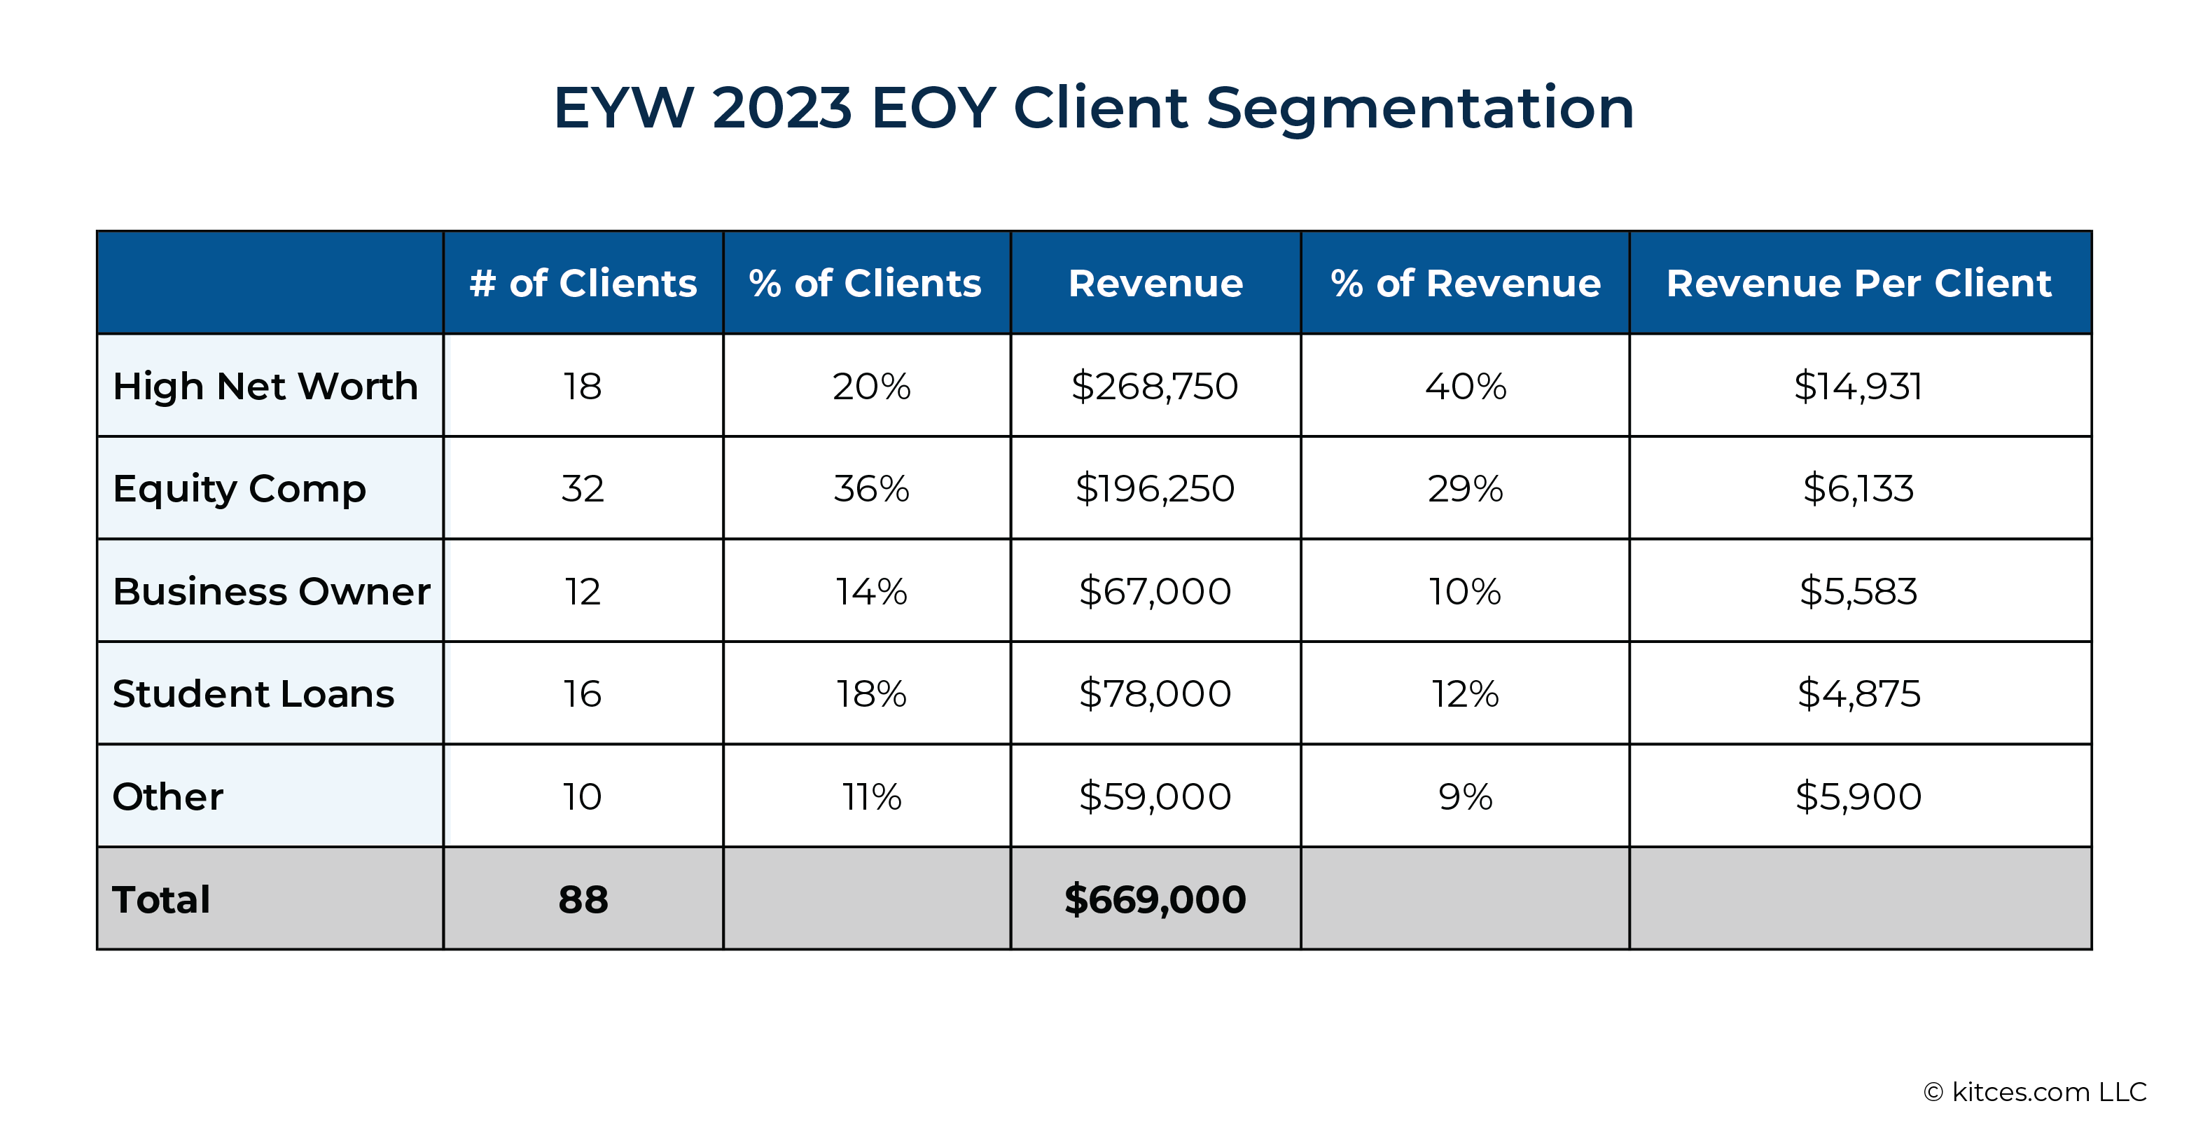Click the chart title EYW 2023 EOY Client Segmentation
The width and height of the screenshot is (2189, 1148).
[x=1094, y=108]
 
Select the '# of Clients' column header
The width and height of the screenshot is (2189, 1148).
[x=583, y=283]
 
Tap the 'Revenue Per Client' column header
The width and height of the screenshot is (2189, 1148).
[x=1859, y=283]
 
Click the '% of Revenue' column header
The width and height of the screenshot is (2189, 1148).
[x=1465, y=283]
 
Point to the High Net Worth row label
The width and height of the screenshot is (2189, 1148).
[x=265, y=386]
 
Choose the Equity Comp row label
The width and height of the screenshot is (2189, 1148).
[x=239, y=490]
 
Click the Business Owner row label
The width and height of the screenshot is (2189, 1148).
[x=272, y=591]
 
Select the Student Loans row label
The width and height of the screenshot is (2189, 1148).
[x=253, y=694]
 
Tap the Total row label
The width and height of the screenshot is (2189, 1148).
[x=162, y=899]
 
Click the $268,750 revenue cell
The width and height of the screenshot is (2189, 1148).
[x=1155, y=387]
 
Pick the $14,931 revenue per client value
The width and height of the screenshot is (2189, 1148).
[x=1858, y=387]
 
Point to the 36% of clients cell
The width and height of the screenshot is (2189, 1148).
[x=871, y=489]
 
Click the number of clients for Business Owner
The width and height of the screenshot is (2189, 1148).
[x=583, y=591]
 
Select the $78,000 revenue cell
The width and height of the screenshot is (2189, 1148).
[x=1155, y=694]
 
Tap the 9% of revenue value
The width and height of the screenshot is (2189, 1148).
[x=1465, y=797]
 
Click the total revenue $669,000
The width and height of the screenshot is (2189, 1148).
[x=1155, y=899]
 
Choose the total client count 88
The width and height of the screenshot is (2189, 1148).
[x=583, y=899]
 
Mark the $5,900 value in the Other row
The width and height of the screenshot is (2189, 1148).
[x=1858, y=797]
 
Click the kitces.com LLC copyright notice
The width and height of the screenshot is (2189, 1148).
[x=2035, y=1092]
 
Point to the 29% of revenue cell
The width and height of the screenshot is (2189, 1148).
[x=1465, y=489]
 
